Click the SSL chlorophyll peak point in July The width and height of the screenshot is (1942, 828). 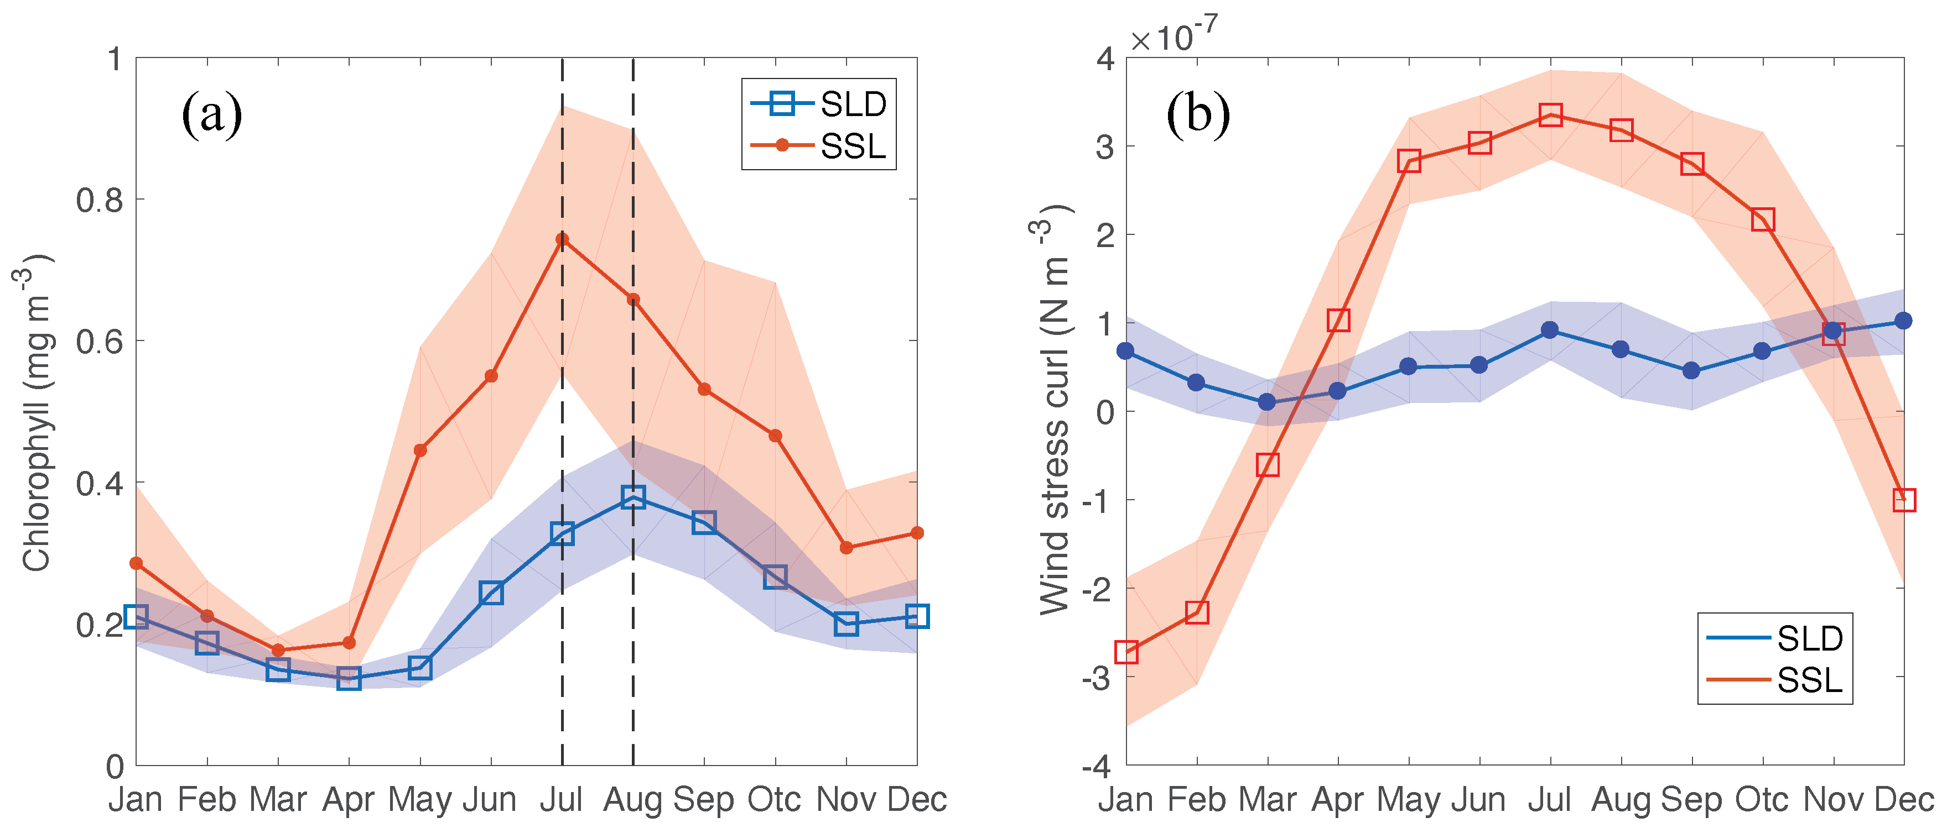562,239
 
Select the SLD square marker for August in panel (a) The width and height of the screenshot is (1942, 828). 634,496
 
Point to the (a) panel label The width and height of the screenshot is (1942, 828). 212,114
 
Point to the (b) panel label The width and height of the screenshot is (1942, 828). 1198,114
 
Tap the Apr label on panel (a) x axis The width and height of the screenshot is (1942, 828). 349,799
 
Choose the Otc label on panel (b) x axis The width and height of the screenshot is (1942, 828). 1762,799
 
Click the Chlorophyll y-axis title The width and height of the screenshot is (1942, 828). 36,413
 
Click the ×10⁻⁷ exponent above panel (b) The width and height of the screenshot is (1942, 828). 1173,34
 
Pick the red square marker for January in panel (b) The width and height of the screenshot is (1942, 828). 1126,652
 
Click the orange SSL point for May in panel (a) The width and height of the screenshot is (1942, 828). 420,450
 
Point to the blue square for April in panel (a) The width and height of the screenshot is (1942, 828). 349,678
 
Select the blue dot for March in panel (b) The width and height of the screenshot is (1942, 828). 1267,402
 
